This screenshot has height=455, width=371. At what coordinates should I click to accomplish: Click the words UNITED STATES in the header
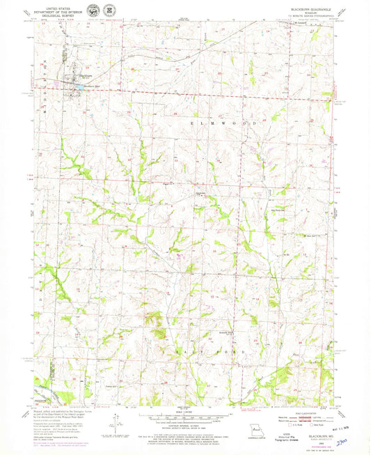[59, 4]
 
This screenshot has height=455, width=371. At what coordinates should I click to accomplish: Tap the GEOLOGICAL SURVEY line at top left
[59, 13]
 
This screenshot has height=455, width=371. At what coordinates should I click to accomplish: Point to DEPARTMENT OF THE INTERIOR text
[59, 8]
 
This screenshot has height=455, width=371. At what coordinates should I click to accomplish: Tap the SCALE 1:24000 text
[185, 413]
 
